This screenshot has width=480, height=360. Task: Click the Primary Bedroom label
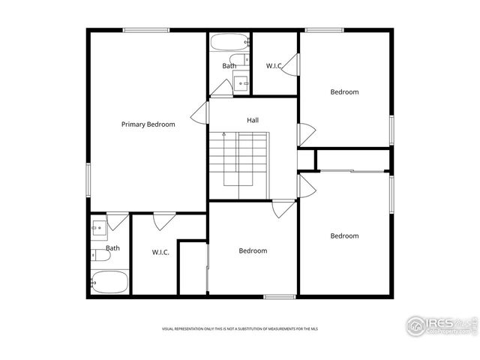tap(148, 124)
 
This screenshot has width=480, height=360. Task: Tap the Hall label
tap(253, 120)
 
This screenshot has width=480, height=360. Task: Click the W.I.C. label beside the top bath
tap(274, 66)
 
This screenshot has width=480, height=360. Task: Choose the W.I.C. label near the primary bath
tap(160, 252)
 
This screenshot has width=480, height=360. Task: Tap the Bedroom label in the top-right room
tap(344, 92)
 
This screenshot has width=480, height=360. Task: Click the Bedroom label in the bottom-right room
tap(344, 236)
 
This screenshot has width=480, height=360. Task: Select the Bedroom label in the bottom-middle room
tap(253, 250)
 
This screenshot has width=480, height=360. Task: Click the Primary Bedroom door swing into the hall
tap(199, 114)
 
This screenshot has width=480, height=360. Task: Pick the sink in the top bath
tap(241, 82)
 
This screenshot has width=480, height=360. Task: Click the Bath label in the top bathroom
tap(229, 66)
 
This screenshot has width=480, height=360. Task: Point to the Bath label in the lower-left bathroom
tap(112, 248)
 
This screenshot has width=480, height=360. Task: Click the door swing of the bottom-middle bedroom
tap(283, 208)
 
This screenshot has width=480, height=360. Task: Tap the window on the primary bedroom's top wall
tap(145, 30)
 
